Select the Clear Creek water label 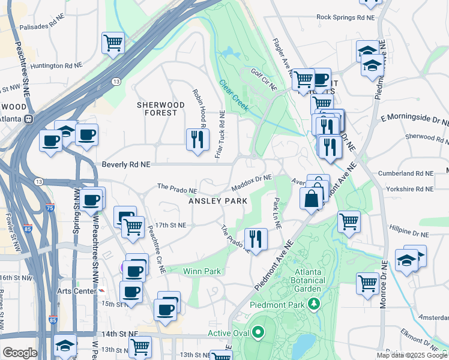pos(234,95)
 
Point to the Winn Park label pos(202,271)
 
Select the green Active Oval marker pos(258,332)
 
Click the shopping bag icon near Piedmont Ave pos(311,199)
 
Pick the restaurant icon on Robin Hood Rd pos(197,139)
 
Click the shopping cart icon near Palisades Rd pos(112,43)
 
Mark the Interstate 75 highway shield pos(49,208)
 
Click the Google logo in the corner pos(19,352)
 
